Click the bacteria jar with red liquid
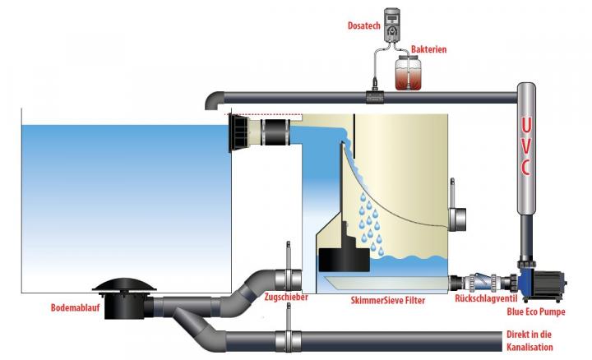408,74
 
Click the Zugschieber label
287,298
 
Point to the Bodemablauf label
58,311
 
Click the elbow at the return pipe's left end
212,100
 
